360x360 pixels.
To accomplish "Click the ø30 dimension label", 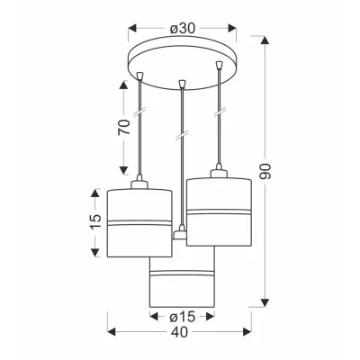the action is coord(183,29).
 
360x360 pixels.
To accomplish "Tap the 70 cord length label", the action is coord(124,127).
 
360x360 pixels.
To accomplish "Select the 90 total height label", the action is coord(265,172).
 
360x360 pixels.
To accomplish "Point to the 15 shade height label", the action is coord(96,222).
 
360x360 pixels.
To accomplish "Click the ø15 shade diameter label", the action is coord(183,316).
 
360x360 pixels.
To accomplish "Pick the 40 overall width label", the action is coord(180,332).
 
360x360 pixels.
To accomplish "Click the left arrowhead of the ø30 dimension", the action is coord(132,28).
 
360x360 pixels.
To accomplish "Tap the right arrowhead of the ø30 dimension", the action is coord(232,28).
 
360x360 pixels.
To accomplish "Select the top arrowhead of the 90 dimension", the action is coord(265,40).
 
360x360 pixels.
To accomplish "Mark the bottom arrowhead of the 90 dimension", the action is coord(265,303).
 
